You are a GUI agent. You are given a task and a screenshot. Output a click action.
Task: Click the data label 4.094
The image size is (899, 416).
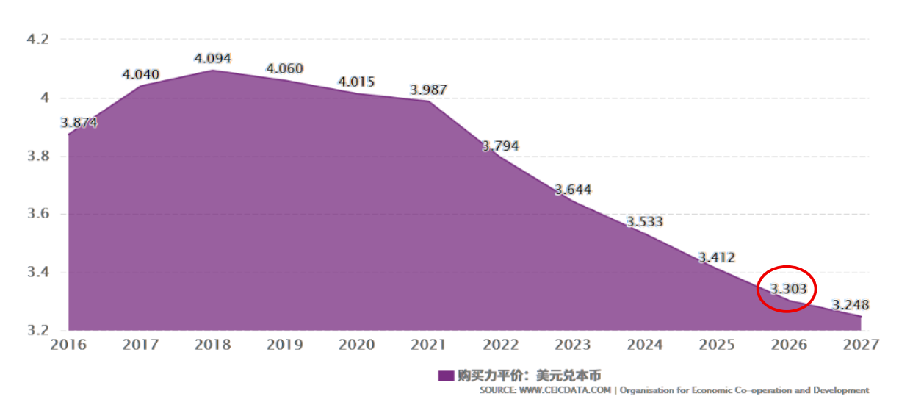point(213,58)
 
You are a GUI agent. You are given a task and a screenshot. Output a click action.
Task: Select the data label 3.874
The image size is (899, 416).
point(79,123)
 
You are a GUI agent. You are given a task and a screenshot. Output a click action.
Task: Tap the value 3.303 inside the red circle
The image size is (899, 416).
point(789,289)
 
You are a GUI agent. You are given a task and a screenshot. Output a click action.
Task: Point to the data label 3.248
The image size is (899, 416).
point(851,304)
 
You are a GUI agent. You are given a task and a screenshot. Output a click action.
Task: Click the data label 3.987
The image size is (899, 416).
point(428,90)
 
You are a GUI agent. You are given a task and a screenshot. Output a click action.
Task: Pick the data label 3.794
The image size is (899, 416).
point(500,146)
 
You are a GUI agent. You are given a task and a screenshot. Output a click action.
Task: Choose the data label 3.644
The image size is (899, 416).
point(572,190)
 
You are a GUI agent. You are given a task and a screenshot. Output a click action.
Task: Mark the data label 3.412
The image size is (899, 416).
point(716,257)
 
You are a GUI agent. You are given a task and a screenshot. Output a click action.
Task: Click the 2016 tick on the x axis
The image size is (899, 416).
point(68,345)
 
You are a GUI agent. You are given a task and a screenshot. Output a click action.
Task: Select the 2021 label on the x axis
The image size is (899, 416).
point(428,345)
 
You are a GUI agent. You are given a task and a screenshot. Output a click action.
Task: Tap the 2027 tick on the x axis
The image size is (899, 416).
point(861,345)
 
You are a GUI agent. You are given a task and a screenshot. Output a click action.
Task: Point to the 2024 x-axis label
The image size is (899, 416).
point(644,345)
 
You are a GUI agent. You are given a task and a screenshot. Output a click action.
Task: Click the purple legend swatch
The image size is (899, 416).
point(445,376)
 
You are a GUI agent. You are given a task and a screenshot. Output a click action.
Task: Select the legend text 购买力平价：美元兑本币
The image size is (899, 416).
point(529,376)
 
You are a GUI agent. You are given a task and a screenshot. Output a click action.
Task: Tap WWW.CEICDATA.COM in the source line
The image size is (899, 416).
point(566,390)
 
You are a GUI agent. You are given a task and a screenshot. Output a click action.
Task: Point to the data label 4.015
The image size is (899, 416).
point(356,82)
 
